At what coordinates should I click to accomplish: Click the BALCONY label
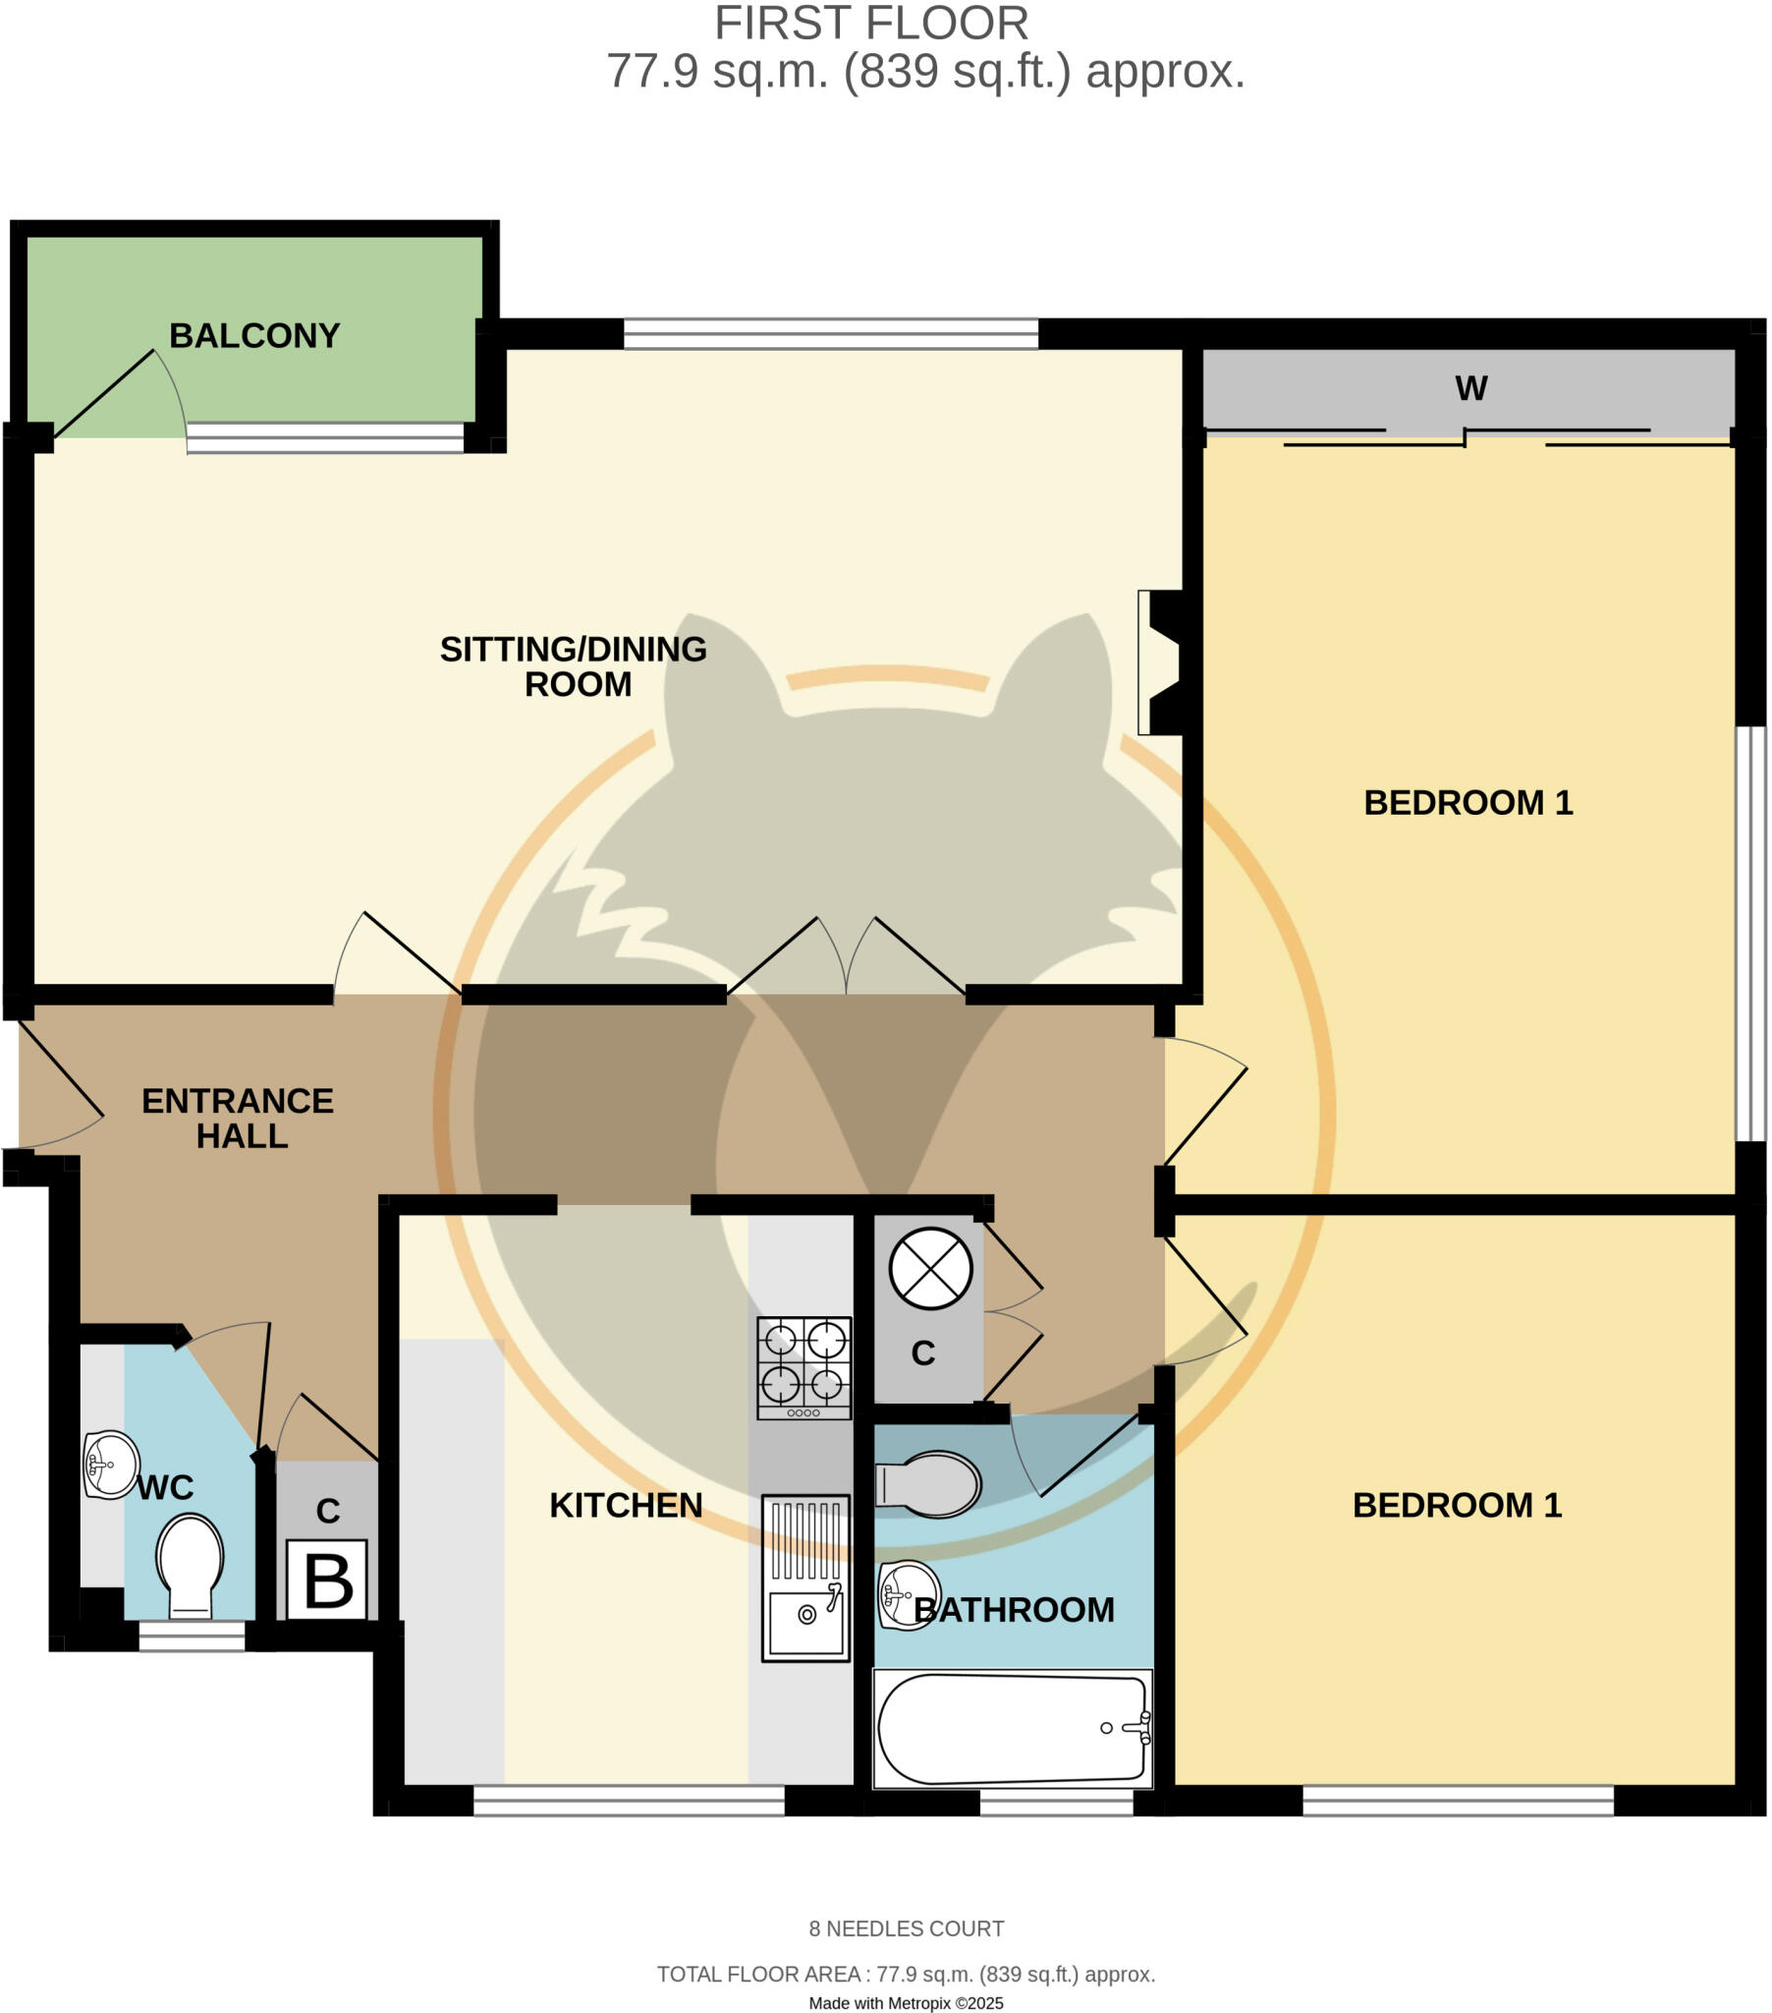pyautogui.click(x=254, y=336)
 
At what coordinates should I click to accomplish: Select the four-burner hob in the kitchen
pyautogui.click(x=803, y=1367)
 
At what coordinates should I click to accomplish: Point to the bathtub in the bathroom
pyautogui.click(x=1012, y=1728)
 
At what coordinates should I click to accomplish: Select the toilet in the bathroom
pyautogui.click(x=928, y=1483)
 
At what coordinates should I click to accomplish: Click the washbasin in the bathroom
pyautogui.click(x=908, y=1594)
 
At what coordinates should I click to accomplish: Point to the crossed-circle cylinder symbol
pyautogui.click(x=930, y=1269)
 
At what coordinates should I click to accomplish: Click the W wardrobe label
pyautogui.click(x=1469, y=389)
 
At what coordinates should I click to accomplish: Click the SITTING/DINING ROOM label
pyautogui.click(x=574, y=665)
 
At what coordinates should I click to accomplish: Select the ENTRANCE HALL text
pyautogui.click(x=239, y=1118)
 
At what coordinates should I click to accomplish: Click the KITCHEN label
pyautogui.click(x=626, y=1505)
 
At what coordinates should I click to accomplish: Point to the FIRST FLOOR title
pyautogui.click(x=871, y=24)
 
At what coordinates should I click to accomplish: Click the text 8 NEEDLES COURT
pyautogui.click(x=906, y=1928)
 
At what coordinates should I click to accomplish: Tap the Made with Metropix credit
pyautogui.click(x=906, y=2002)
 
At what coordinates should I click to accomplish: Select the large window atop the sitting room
pyautogui.click(x=831, y=334)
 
